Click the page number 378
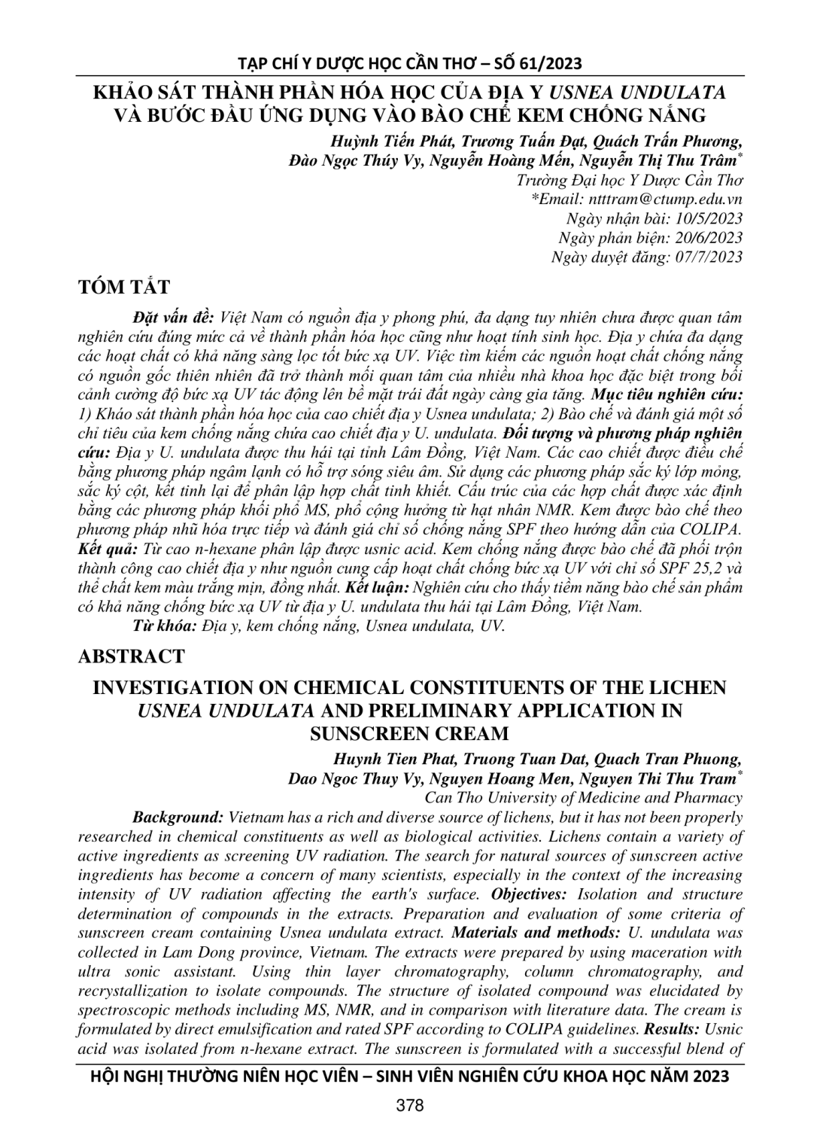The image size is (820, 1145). [410, 1105]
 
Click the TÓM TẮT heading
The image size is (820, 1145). [123, 288]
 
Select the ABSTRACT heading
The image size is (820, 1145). [131, 656]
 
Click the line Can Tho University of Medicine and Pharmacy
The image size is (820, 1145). [584, 797]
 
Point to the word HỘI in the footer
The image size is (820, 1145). [105, 1076]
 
